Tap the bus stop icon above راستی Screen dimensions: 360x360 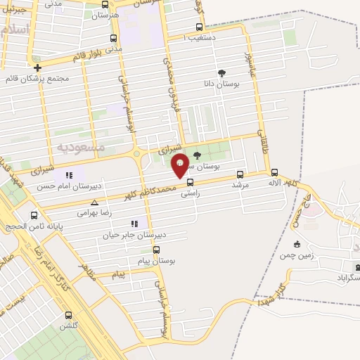point(190,182)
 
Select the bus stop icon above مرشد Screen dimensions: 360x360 point(240,174)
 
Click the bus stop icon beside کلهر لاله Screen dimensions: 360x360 point(274,172)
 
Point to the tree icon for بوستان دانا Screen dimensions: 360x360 point(222,73)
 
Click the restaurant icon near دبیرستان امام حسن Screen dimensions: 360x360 point(68,175)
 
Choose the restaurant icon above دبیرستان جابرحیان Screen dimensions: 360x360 point(134,224)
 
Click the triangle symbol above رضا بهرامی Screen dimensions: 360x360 point(94,202)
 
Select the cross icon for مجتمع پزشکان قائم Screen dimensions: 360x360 point(37,68)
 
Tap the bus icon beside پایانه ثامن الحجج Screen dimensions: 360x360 point(34,215)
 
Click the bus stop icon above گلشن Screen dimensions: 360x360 point(68,316)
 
